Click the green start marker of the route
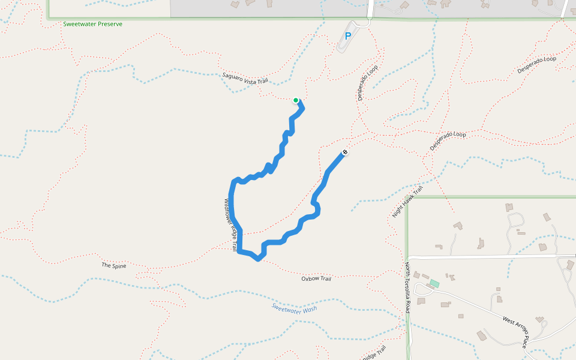(x=296, y=100)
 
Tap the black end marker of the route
(x=345, y=152)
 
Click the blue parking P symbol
(x=347, y=36)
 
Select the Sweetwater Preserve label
(x=92, y=24)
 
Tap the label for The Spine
(x=114, y=265)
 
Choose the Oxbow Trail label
(x=316, y=278)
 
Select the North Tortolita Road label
(x=407, y=287)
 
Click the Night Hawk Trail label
(x=404, y=206)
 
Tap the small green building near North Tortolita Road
(x=434, y=283)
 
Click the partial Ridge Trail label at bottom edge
(x=373, y=354)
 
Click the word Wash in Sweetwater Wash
(x=309, y=308)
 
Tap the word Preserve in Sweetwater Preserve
(x=109, y=24)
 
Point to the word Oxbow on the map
(x=310, y=278)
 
